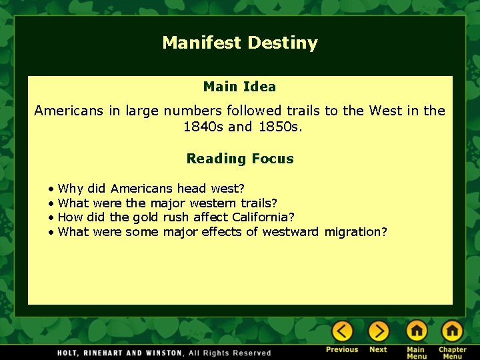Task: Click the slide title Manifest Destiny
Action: (240, 43)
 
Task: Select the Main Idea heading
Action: (239, 87)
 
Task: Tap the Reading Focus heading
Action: (240, 159)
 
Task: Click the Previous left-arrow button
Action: (342, 331)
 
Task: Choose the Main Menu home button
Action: (416, 331)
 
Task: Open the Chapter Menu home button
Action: (452, 331)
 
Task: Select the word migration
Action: (355, 232)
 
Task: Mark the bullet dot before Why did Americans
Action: (51, 189)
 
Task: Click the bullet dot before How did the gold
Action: (51, 218)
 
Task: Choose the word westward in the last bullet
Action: (291, 232)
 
